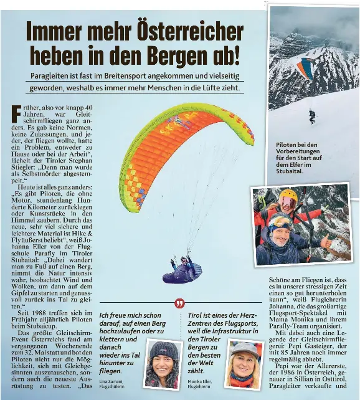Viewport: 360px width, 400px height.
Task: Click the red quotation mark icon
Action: click(x=180, y=303)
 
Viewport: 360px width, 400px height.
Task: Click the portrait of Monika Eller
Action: click(x=244, y=364)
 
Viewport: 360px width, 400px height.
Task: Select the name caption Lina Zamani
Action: click(x=112, y=381)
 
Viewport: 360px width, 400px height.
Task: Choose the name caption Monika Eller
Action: click(x=201, y=381)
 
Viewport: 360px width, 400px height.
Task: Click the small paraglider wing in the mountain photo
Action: click(x=305, y=67)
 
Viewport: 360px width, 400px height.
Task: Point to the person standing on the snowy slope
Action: click(x=311, y=116)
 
